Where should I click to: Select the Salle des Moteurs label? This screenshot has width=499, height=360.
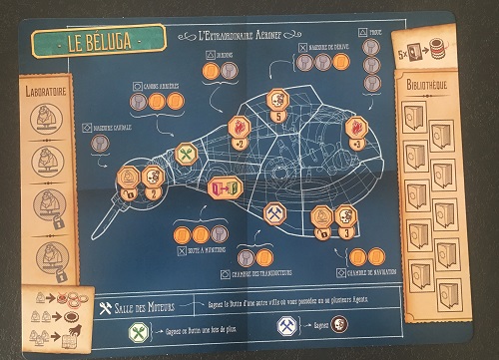[x=150, y=305]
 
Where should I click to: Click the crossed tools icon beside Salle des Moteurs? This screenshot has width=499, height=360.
[x=111, y=305]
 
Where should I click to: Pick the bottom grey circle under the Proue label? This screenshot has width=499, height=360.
[x=371, y=83]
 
